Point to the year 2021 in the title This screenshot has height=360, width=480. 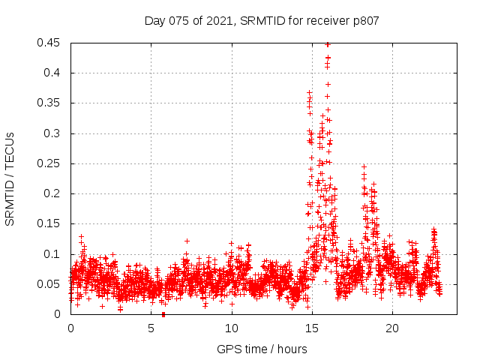[219, 21]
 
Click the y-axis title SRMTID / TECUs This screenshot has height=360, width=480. [10, 177]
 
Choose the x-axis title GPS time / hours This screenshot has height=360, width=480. [262, 349]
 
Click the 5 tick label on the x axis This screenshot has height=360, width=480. [151, 328]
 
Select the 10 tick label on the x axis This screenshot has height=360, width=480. [231, 328]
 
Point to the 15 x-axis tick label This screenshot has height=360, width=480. [311, 328]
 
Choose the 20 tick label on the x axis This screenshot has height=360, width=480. [391, 328]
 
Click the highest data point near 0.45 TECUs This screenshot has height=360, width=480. [327, 44]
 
